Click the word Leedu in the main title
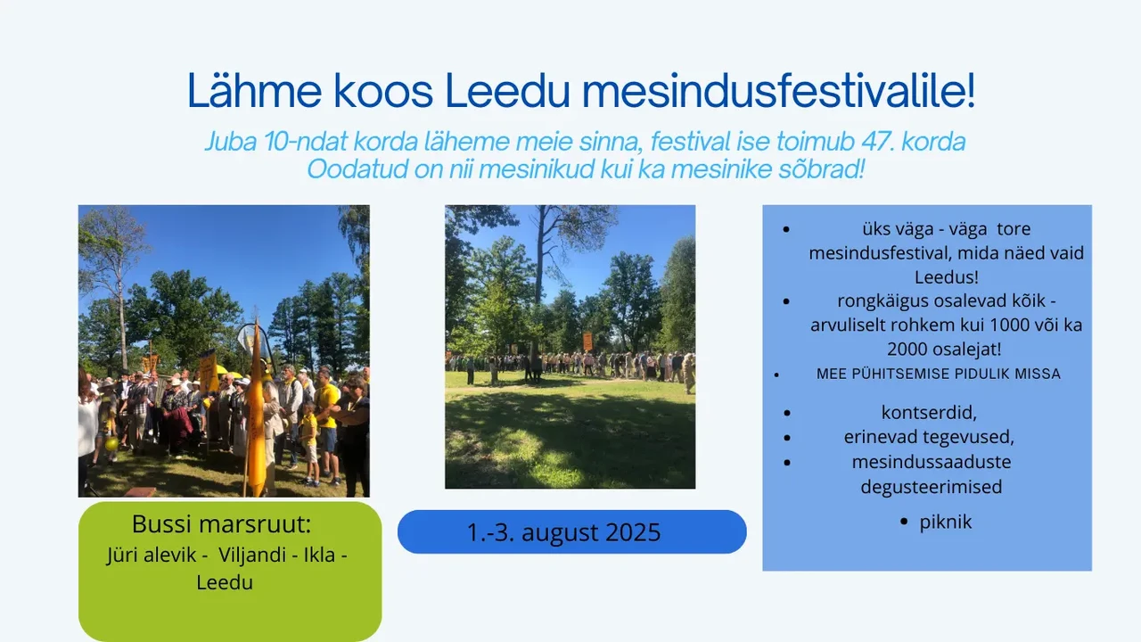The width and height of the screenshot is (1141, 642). (x=507, y=91)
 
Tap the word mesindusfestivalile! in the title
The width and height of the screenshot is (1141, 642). (x=779, y=90)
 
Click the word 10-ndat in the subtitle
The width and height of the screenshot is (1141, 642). (x=306, y=141)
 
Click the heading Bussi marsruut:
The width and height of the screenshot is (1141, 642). (x=222, y=524)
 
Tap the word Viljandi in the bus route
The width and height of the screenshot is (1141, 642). (x=252, y=555)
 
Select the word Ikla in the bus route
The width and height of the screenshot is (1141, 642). (x=319, y=555)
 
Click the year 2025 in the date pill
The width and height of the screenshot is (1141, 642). (x=633, y=532)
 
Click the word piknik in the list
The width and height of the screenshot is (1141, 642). (x=946, y=523)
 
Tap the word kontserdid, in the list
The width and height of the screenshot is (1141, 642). (x=929, y=413)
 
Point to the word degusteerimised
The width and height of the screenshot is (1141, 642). (x=932, y=487)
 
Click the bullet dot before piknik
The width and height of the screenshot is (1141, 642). (x=904, y=522)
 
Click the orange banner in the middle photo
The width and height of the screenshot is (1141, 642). (x=587, y=342)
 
